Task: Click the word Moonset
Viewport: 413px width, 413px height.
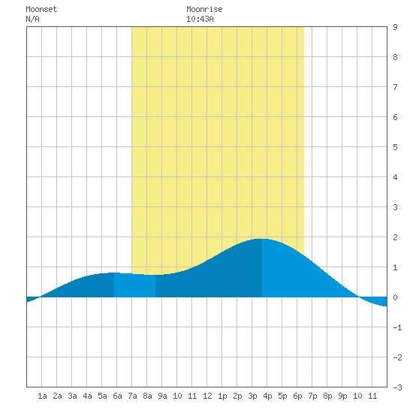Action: click(41, 9)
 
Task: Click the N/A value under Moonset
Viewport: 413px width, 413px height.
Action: click(32, 19)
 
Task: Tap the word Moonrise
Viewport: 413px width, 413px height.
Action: click(204, 9)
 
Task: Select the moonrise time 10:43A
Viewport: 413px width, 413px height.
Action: click(200, 19)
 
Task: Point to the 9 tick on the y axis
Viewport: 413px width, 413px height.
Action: click(395, 27)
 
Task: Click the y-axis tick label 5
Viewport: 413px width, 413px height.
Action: click(395, 147)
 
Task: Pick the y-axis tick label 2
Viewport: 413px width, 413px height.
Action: click(395, 237)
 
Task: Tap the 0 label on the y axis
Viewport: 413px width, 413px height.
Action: click(395, 297)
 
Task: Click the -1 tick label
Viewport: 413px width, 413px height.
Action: click(397, 327)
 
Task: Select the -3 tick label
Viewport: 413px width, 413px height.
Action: click(397, 387)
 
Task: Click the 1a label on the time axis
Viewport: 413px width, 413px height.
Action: click(42, 396)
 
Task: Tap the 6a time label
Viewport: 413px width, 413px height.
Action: click(117, 396)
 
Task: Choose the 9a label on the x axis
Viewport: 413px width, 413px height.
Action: click(162, 396)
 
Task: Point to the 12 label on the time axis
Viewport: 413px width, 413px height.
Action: click(207, 396)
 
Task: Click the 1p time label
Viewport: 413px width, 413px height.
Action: click(222, 396)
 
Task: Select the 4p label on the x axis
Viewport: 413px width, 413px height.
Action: click(267, 396)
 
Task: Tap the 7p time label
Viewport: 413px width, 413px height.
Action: click(312, 396)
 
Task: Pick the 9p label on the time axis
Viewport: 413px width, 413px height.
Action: click(342, 396)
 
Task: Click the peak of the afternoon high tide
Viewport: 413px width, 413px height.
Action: click(262, 239)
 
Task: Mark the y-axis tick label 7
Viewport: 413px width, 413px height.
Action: click(395, 87)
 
